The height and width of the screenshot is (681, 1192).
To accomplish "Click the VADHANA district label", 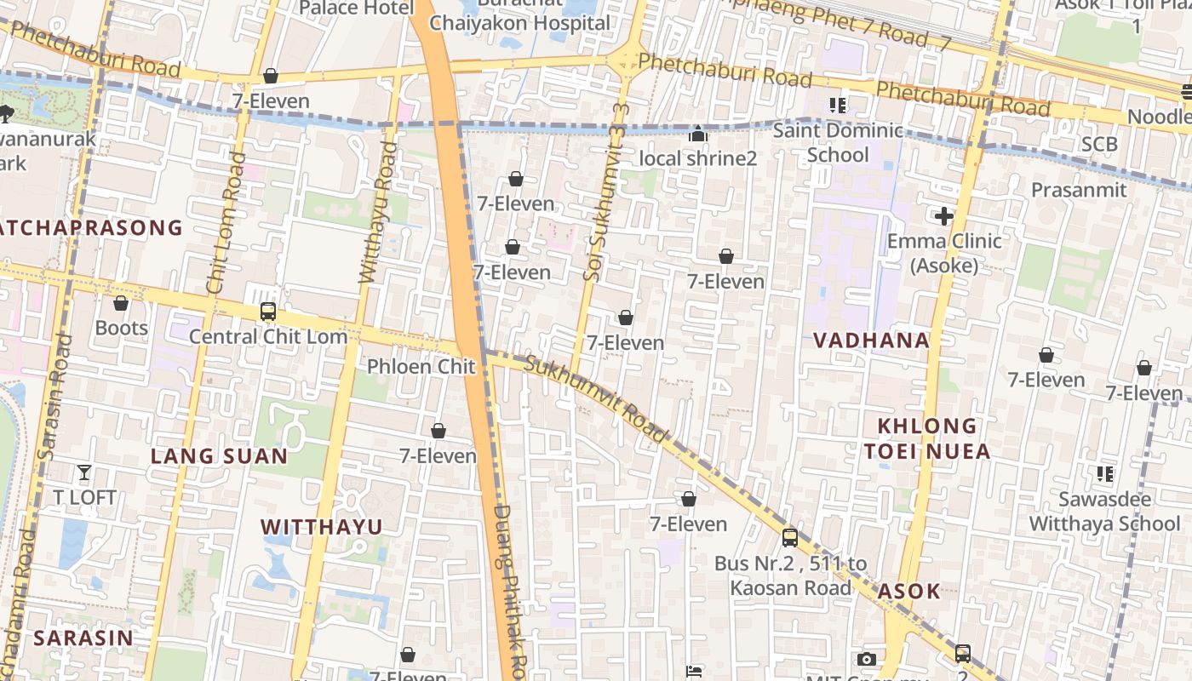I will click(871, 340).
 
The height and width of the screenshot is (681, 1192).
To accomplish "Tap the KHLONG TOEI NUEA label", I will click(927, 438).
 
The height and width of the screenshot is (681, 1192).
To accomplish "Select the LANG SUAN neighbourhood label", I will click(219, 456).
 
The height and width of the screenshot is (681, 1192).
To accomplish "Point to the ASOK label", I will click(908, 592).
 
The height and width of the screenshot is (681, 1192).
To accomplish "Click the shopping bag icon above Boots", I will click(121, 303).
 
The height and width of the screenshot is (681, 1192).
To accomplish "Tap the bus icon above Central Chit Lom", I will click(268, 312).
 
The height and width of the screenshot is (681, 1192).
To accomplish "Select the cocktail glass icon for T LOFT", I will click(84, 472).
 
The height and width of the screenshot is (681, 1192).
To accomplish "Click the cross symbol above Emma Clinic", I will click(943, 216).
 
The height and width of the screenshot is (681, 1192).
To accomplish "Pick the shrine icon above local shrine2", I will click(698, 134).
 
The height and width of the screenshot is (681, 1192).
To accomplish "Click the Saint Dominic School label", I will click(838, 142).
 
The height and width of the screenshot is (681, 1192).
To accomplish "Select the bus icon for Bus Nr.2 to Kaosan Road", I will click(790, 538).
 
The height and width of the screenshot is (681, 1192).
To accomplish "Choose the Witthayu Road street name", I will click(378, 213).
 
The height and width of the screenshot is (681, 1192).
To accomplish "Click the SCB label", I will click(1098, 145).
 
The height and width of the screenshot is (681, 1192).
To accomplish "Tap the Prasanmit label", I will click(1079, 189).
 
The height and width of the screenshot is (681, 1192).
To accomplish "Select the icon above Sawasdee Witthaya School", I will click(1105, 473).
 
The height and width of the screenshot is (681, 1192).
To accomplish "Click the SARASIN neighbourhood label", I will click(83, 638).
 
